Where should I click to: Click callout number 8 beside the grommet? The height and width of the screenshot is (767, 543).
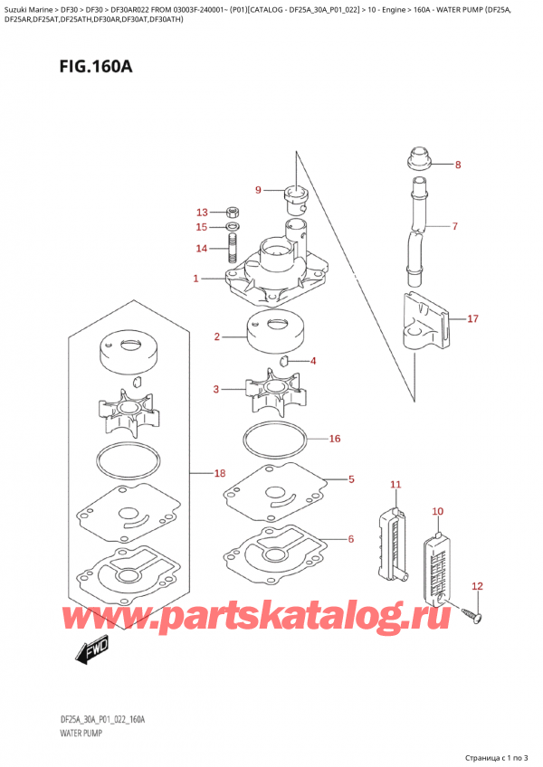click(457, 165)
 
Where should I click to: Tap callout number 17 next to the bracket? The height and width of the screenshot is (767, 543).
click(472, 318)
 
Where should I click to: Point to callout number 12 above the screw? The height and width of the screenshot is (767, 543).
click(478, 586)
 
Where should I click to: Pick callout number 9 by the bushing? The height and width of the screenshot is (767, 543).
click(258, 190)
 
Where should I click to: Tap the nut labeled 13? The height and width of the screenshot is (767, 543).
click(232, 211)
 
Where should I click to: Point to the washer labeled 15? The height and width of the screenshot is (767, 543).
click(232, 226)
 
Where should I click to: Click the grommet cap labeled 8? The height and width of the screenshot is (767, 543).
click(419, 161)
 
